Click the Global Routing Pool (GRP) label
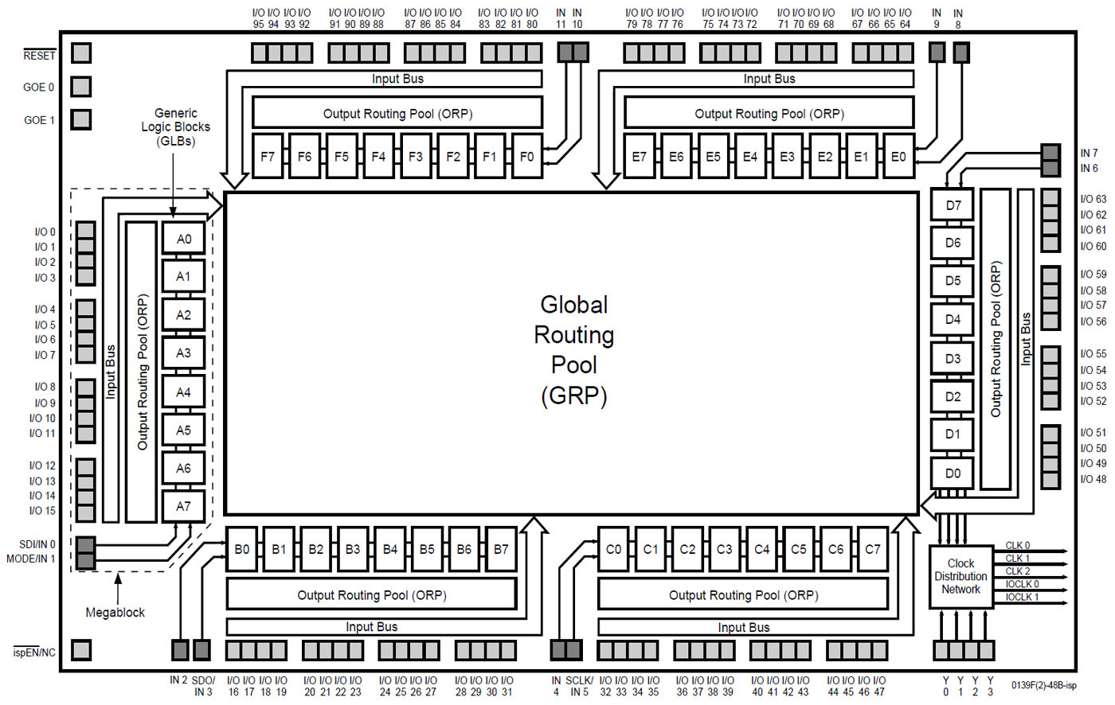[x=573, y=349]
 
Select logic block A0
[x=183, y=239]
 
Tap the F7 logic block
[x=268, y=157]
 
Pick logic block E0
[x=898, y=157]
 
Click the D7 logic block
[x=953, y=205]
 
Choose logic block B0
[x=242, y=549]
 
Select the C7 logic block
[x=873, y=549]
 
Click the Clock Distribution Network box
[x=960, y=577]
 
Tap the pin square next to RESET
[x=81, y=53]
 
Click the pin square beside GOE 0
[x=81, y=86]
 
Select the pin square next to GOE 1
[x=81, y=119]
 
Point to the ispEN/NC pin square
[x=81, y=650]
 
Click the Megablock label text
[x=115, y=613]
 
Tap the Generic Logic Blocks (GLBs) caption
[x=176, y=127]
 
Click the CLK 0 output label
[x=1017, y=546]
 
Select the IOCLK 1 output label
[x=1022, y=597]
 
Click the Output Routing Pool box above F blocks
[x=397, y=113]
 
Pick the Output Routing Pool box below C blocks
[x=743, y=595]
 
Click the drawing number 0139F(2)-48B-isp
[x=1043, y=685]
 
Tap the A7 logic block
[x=183, y=506]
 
